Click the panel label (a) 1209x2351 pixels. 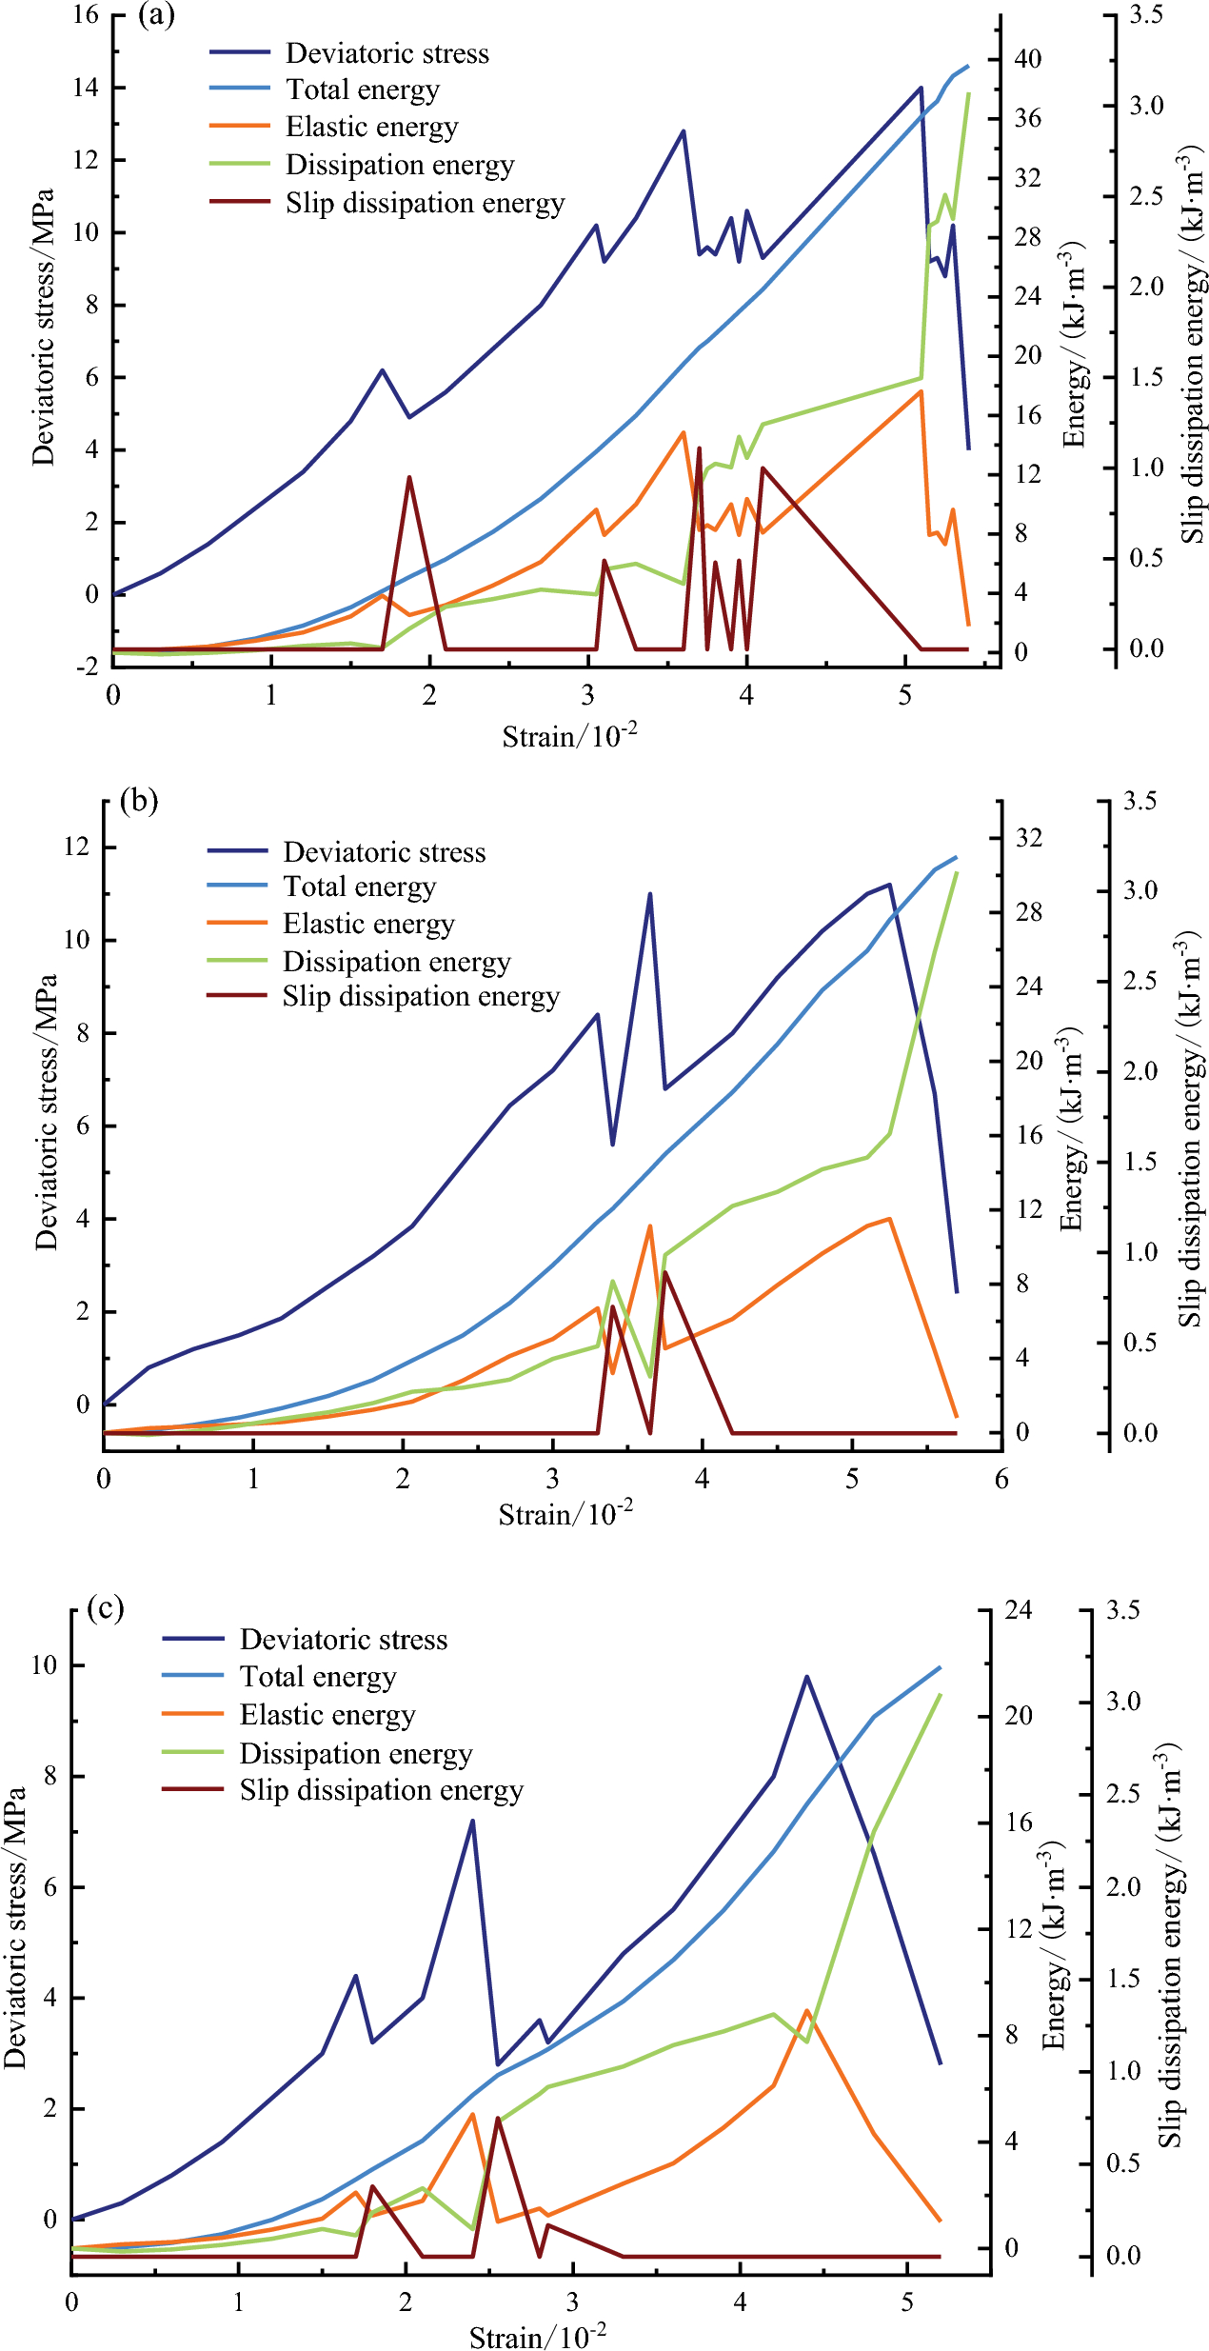[x=156, y=16]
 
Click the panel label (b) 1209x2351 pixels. [x=139, y=801]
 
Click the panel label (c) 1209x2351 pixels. [x=105, y=1608]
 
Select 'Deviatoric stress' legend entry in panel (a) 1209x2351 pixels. [x=386, y=53]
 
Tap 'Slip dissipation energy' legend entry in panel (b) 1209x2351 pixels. [x=421, y=996]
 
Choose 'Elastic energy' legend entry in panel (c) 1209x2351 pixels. [x=327, y=1714]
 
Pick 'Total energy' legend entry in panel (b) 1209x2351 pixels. [x=359, y=887]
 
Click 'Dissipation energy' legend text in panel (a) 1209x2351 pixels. [x=400, y=165]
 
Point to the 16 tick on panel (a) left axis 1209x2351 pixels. [x=86, y=15]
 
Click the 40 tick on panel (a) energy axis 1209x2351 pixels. [x=1028, y=59]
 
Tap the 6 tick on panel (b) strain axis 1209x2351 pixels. [x=1001, y=1479]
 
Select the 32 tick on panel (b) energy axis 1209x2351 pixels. [x=1029, y=838]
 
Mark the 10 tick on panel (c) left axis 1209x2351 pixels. [x=44, y=1665]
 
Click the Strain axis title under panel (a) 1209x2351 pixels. [x=569, y=736]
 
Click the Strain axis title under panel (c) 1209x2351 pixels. [x=538, y=2329]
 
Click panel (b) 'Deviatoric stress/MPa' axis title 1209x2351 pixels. [x=47, y=1111]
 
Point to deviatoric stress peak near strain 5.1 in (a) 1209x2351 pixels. [x=921, y=88]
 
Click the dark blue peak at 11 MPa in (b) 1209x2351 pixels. [x=650, y=894]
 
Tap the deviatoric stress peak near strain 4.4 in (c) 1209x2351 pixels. [x=806, y=1677]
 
